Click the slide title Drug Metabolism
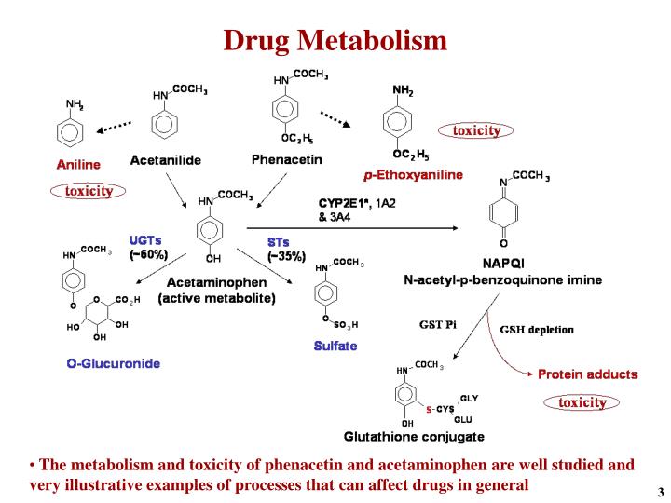(335, 40)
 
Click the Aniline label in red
(78, 164)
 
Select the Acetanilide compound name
(165, 160)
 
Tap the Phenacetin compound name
(287, 159)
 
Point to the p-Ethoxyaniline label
(413, 174)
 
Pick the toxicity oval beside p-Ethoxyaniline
(476, 130)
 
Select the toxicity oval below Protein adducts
(582, 402)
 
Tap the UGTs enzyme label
(145, 240)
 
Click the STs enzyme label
(279, 242)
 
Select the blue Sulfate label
(335, 346)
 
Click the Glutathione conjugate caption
(414, 436)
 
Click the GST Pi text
(437, 324)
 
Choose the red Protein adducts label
(587, 374)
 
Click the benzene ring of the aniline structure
(72, 130)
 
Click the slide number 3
(659, 492)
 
